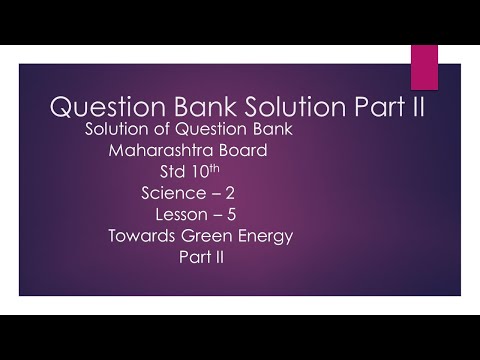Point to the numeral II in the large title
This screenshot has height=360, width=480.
pyautogui.click(x=415, y=107)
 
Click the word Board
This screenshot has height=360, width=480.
pyautogui.click(x=240, y=151)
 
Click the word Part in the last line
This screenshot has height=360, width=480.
pyautogui.click(x=190, y=257)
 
